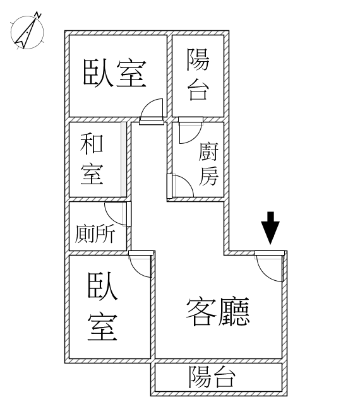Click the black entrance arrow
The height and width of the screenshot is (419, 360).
point(270,228)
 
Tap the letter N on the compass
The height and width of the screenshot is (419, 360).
point(39,15)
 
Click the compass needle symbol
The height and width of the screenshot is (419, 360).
point(26,33)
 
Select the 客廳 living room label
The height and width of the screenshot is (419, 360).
point(218,312)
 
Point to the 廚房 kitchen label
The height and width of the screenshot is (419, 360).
point(208,164)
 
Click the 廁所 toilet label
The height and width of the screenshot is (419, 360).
point(95,233)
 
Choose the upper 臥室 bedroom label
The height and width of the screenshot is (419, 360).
point(115,73)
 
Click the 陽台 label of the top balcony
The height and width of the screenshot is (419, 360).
point(198,74)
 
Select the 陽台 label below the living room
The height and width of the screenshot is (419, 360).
point(212,377)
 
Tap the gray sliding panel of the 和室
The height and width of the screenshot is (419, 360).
point(123,159)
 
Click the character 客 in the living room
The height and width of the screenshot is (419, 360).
point(201,312)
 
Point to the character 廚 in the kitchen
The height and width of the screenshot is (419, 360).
point(208,152)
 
